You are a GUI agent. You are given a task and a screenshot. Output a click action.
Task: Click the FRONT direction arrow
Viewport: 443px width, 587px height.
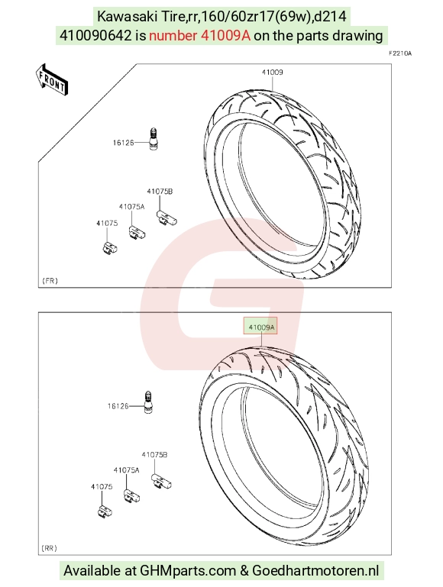click(x=52, y=79)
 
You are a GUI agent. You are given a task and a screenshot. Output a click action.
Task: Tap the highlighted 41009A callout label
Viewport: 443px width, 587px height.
click(x=260, y=328)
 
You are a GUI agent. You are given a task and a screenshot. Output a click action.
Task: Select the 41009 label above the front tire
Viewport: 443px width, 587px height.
click(x=272, y=73)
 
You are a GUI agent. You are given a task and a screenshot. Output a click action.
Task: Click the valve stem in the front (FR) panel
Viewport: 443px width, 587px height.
click(x=153, y=139)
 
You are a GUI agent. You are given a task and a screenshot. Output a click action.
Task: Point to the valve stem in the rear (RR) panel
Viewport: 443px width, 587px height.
click(x=147, y=403)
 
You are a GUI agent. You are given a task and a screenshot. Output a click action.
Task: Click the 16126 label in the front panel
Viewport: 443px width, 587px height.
click(x=123, y=143)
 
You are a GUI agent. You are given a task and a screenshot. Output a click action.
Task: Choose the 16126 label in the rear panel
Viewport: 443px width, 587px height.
click(x=118, y=406)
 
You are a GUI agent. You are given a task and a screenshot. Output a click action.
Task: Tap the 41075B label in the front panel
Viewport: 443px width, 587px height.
click(x=160, y=192)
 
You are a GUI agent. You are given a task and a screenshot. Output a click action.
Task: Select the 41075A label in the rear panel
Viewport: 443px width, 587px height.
click(x=127, y=470)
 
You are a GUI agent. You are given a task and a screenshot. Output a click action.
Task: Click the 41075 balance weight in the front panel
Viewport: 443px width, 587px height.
click(x=110, y=247)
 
